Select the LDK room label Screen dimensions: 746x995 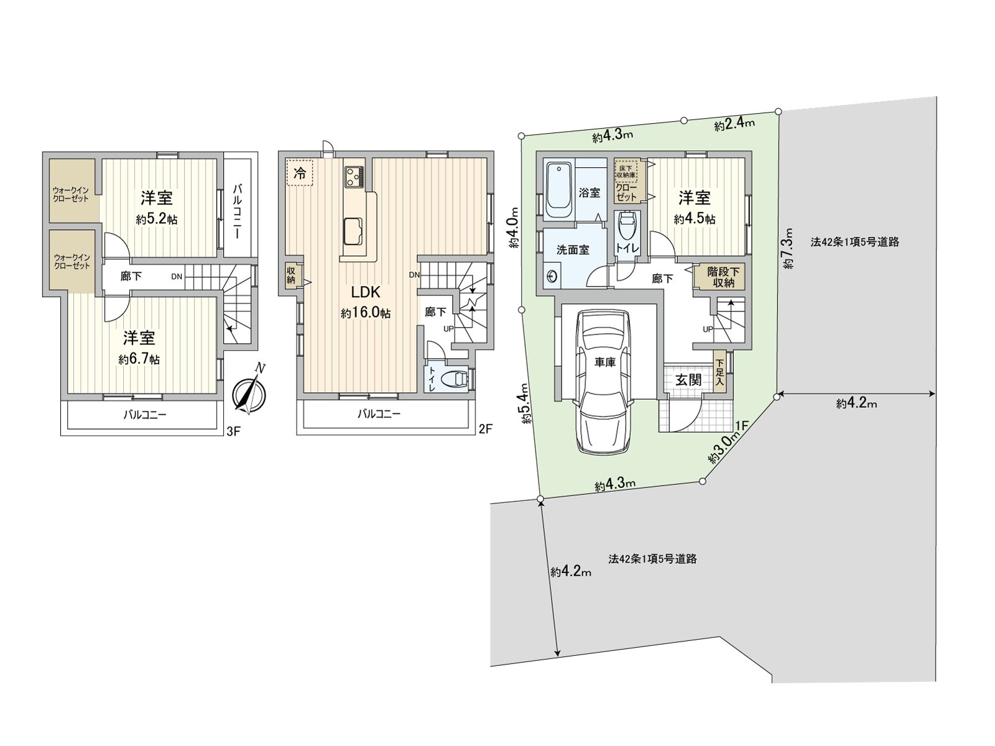pos(365,292)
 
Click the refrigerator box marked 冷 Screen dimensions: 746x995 pos(299,173)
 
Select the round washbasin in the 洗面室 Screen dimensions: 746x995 pos(551,275)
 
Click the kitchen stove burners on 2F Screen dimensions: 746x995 pos(354,175)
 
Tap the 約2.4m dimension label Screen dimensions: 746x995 pos(734,124)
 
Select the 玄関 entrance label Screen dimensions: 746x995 pos(688,379)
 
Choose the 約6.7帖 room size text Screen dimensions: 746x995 pos(139,359)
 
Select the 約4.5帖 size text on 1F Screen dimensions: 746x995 pos(695,219)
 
